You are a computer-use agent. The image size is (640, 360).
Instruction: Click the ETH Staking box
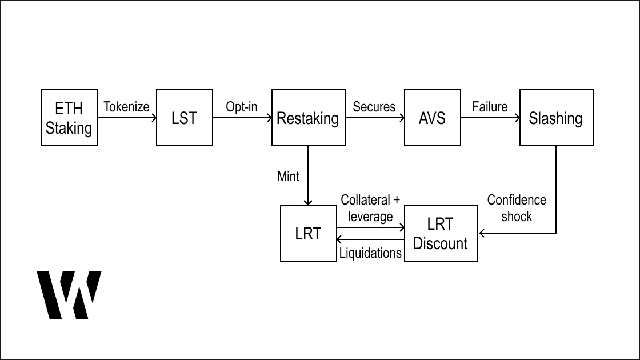pyautogui.click(x=69, y=118)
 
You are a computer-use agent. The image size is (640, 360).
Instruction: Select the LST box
pyautogui.click(x=184, y=118)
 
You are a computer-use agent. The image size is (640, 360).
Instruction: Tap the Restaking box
pyautogui.click(x=308, y=118)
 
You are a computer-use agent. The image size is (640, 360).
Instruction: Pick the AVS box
pyautogui.click(x=432, y=118)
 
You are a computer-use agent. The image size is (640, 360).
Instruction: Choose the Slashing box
pyautogui.click(x=556, y=118)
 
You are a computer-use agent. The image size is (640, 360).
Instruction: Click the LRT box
pyautogui.click(x=308, y=233)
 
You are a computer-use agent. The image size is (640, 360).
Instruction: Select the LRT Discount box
pyautogui.click(x=441, y=233)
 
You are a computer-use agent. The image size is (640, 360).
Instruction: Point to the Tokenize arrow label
pyautogui.click(x=126, y=107)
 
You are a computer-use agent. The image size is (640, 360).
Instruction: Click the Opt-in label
pyautogui.click(x=242, y=107)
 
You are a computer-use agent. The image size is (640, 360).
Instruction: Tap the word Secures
pyautogui.click(x=374, y=107)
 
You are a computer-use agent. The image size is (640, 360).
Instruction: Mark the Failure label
pyautogui.click(x=490, y=107)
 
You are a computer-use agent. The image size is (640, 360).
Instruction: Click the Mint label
pyautogui.click(x=288, y=176)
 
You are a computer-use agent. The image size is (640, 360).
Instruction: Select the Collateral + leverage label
pyautogui.click(x=370, y=208)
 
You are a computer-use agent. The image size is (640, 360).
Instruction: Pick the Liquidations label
pyautogui.click(x=370, y=253)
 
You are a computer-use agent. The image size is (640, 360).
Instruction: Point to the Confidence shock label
pyautogui.click(x=517, y=208)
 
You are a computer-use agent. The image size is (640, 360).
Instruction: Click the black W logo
pyautogui.click(x=69, y=294)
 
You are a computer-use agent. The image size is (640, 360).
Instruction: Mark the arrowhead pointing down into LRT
pyautogui.click(x=308, y=202)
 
